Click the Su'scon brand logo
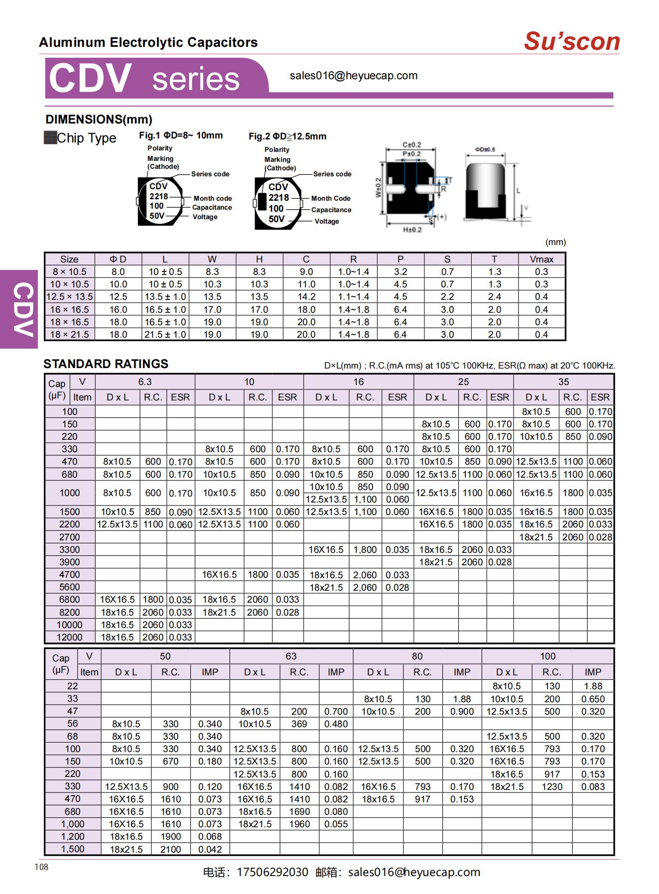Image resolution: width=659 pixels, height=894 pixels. (x=571, y=41)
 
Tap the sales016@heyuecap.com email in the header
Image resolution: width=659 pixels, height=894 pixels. (x=353, y=76)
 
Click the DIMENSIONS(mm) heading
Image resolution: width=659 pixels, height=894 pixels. (x=99, y=120)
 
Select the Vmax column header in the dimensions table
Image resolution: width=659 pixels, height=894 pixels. (x=541, y=259)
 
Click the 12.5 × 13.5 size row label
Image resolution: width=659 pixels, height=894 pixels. (x=69, y=297)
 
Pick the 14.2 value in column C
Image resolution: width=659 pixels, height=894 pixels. (x=306, y=297)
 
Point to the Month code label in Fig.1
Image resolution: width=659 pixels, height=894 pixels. (x=213, y=198)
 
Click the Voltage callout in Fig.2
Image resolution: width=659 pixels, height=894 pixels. (x=327, y=221)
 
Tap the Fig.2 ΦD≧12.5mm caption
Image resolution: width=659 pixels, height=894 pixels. (x=287, y=136)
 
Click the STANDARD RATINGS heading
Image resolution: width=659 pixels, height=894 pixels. (x=106, y=364)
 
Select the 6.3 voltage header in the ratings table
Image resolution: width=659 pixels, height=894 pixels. (x=145, y=382)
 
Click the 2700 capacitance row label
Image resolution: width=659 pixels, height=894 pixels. (x=70, y=537)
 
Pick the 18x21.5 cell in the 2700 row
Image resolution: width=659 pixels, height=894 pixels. (x=536, y=537)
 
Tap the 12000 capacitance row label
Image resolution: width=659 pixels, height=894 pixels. (x=70, y=637)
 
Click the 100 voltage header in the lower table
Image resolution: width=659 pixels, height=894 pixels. (x=547, y=656)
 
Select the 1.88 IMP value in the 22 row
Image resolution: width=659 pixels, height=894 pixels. (x=593, y=686)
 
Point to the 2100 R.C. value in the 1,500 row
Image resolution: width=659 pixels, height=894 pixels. (x=170, y=849)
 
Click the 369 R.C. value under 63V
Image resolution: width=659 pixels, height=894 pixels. (x=299, y=724)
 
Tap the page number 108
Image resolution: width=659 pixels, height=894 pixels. (x=42, y=867)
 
